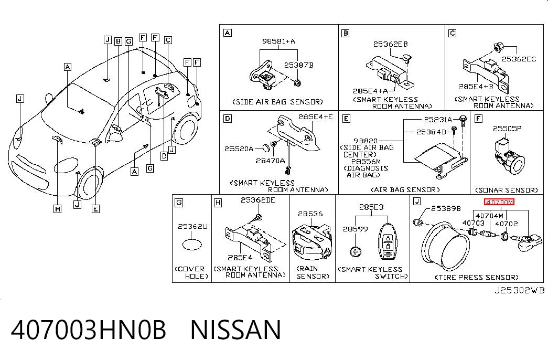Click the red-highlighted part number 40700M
[499, 202]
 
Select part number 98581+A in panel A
[278, 41]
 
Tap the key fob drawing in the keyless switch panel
[388, 242]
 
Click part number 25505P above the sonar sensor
[507, 129]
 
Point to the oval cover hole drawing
[192, 244]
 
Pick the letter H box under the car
[58, 209]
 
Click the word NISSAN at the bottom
[235, 330]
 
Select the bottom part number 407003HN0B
[89, 330]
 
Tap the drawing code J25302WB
[519, 290]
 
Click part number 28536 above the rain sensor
[310, 214]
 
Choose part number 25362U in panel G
[192, 226]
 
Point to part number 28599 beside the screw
[355, 229]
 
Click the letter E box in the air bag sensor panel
[346, 119]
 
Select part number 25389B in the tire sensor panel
[446, 208]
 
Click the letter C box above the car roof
[168, 40]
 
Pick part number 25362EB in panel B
[390, 44]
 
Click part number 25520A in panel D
[239, 149]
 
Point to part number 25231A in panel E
[438, 120]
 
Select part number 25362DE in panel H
[257, 200]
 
